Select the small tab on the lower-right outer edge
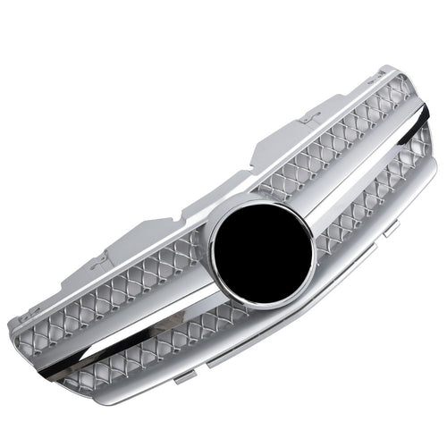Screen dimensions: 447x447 (391, 231)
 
